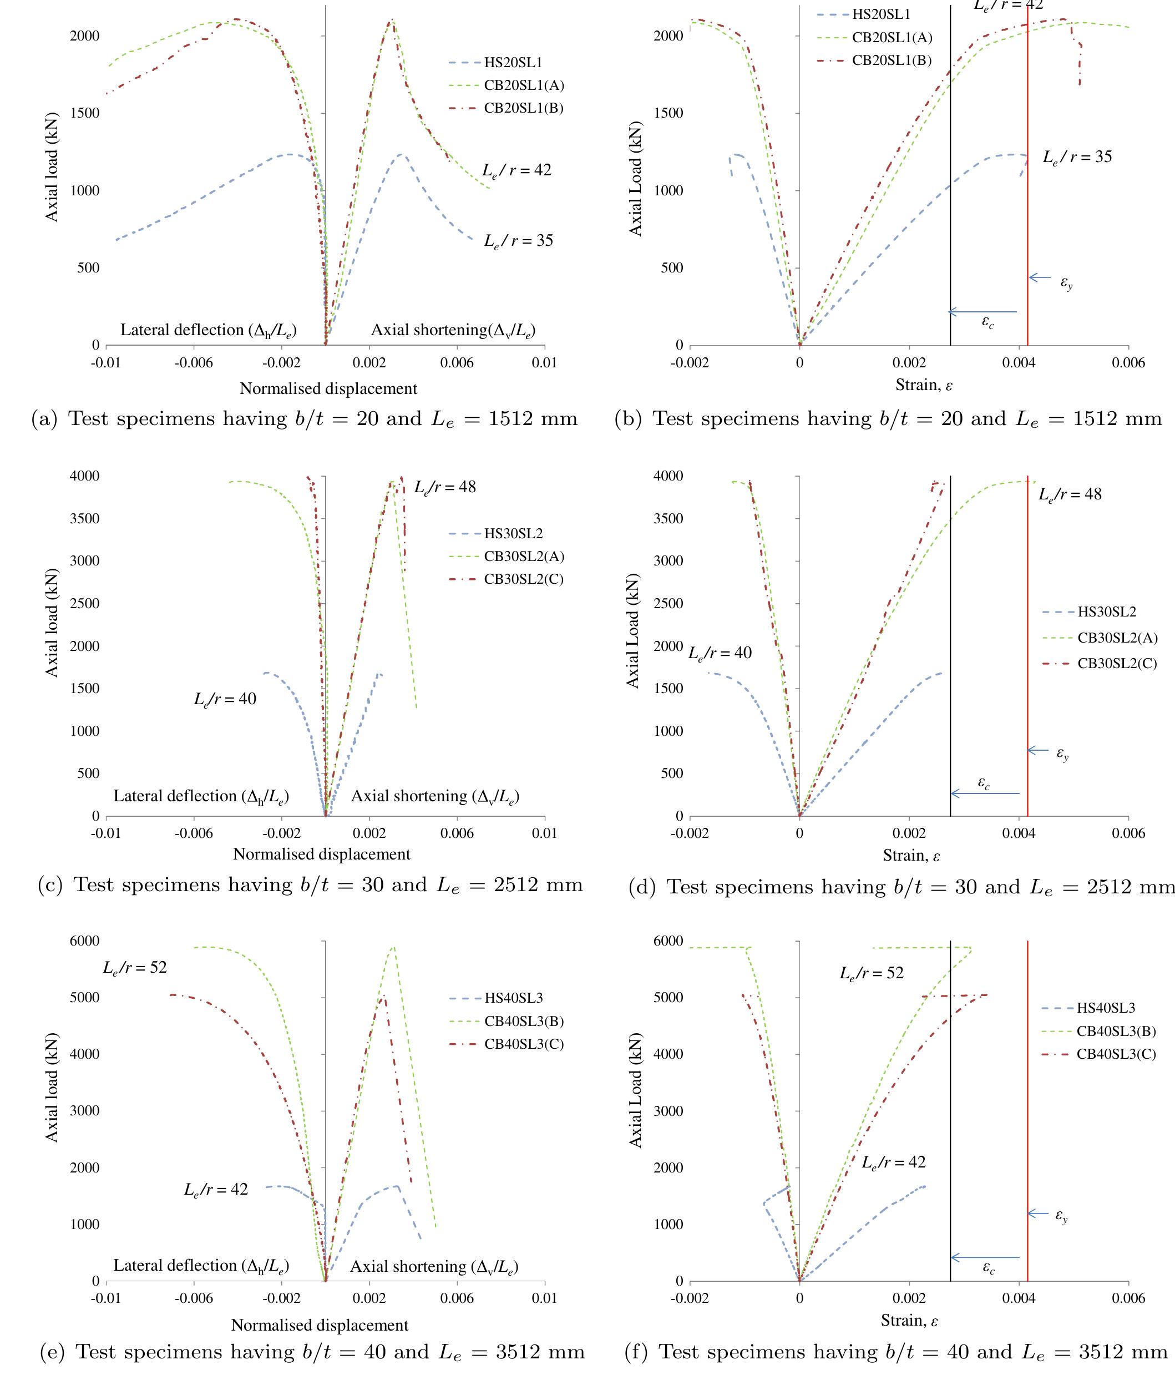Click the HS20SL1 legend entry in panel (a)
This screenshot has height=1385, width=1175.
tap(513, 63)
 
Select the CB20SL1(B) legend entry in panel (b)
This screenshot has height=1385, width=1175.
tap(892, 60)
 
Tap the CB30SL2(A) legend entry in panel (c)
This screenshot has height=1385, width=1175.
tap(524, 556)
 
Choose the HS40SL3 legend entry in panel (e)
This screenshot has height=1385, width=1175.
tap(513, 998)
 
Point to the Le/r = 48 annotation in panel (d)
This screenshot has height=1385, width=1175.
tap(1070, 495)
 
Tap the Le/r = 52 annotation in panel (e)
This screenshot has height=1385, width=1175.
tap(135, 968)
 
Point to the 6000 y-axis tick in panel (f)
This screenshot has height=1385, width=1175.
tap(668, 941)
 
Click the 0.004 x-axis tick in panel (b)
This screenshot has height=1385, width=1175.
tap(1019, 363)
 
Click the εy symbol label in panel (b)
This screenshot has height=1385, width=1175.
tap(1066, 283)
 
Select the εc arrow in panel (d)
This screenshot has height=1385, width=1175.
tap(985, 793)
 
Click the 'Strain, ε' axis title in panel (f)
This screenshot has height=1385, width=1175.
tap(909, 1321)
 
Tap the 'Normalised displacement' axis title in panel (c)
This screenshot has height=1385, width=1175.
tap(321, 855)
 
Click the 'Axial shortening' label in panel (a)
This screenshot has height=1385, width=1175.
tap(453, 330)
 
